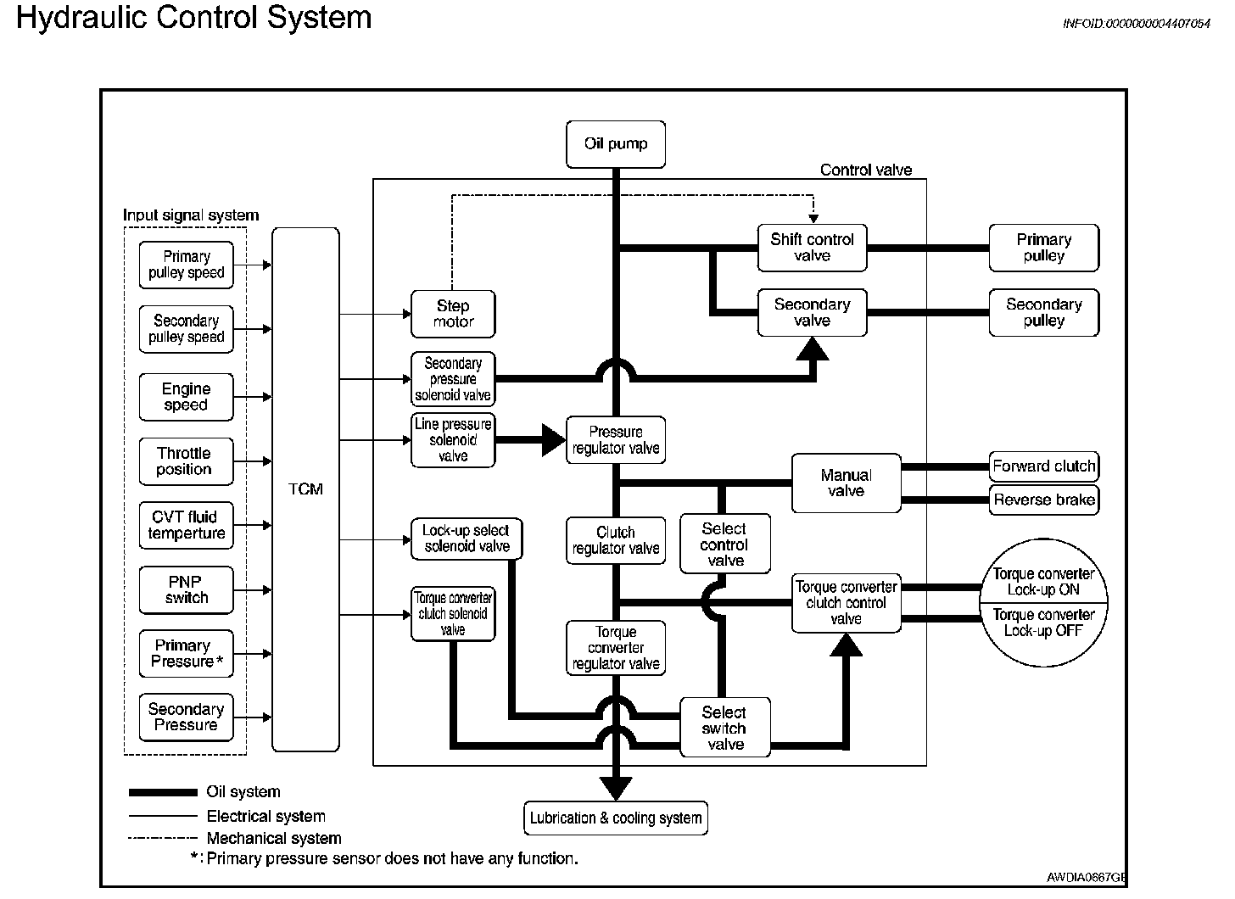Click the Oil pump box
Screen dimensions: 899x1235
(616, 144)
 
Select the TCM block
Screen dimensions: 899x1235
(305, 489)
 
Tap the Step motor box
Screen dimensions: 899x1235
(453, 314)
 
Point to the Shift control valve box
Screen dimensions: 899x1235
(812, 248)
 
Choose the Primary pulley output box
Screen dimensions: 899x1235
(1043, 248)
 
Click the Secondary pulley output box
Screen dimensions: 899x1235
(1043, 312)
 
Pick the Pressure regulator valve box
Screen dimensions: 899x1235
(616, 440)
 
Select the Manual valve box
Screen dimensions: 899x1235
(846, 483)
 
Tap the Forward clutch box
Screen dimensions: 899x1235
(1043, 466)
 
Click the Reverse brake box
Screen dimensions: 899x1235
(1043, 500)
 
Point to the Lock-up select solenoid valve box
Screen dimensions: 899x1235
(467, 539)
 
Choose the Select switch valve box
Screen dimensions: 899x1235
(724, 728)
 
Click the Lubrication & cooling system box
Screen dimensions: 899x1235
(616, 818)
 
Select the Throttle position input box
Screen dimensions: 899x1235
(185, 461)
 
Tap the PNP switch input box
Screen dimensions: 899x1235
(186, 589)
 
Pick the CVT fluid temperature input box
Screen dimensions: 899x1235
(186, 525)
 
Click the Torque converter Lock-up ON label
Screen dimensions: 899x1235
(1043, 582)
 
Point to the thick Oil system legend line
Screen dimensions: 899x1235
(163, 792)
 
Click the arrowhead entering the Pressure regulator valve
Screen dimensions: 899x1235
(554, 440)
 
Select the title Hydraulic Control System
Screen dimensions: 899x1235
(194, 18)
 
